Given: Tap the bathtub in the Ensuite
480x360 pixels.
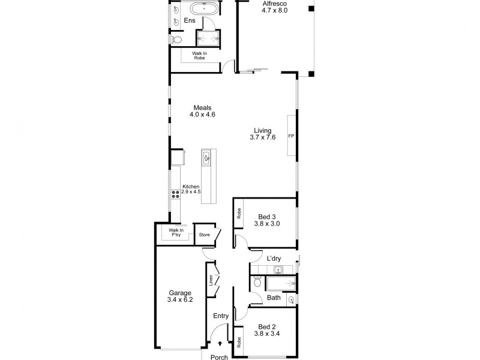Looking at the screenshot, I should pyautogui.click(x=203, y=9).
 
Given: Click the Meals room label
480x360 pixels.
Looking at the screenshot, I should pyautogui.click(x=202, y=107).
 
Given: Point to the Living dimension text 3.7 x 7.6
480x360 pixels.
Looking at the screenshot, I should pyautogui.click(x=263, y=137).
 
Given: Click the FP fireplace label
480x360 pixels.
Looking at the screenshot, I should pyautogui.click(x=291, y=136).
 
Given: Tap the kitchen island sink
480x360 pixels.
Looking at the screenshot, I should pyautogui.click(x=206, y=158).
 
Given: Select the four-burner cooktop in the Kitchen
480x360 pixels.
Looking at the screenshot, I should pyautogui.click(x=176, y=194).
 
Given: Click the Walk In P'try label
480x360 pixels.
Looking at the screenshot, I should pyautogui.click(x=175, y=232).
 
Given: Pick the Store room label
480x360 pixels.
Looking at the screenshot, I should pyautogui.click(x=205, y=235).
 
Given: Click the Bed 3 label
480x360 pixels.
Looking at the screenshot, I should pyautogui.click(x=268, y=217).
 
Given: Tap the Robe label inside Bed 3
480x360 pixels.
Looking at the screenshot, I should pyautogui.click(x=239, y=213).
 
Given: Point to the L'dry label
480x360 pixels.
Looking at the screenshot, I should pyautogui.click(x=274, y=259).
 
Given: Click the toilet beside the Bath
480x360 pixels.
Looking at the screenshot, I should pyautogui.click(x=256, y=282).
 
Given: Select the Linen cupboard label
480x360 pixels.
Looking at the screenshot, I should pyautogui.click(x=211, y=281).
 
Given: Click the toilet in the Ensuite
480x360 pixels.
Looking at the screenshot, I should pyautogui.click(x=175, y=40).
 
